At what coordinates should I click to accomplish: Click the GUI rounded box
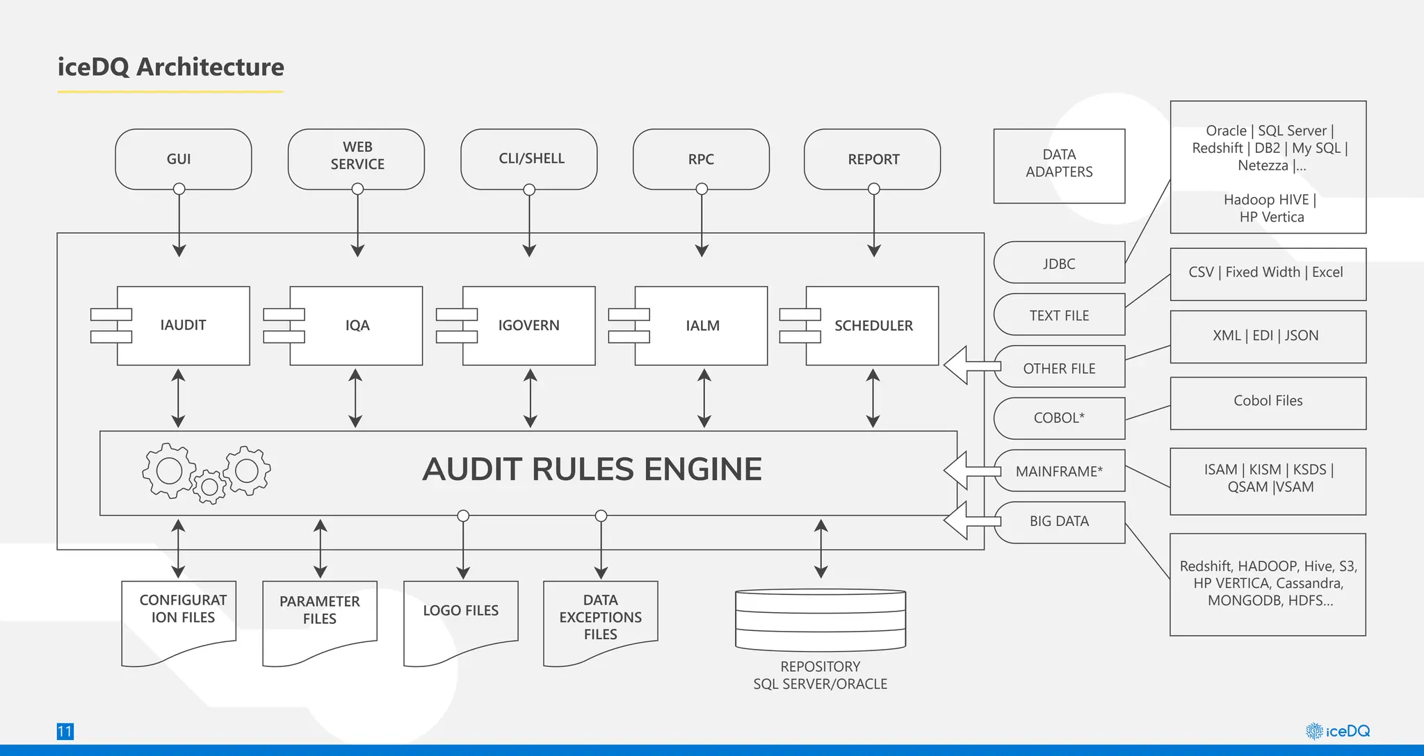(183, 159)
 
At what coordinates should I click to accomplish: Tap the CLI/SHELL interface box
(529, 158)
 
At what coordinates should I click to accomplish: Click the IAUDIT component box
(183, 325)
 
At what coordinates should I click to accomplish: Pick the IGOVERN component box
(528, 325)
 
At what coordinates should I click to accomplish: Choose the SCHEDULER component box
(873, 325)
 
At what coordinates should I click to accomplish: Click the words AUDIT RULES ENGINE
(592, 469)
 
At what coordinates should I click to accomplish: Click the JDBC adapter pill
(1059, 263)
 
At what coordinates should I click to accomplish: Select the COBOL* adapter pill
(1059, 418)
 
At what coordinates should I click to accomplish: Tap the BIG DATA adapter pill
(1059, 521)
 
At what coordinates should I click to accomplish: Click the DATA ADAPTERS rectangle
(1059, 165)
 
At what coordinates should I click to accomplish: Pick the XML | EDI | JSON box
(1267, 336)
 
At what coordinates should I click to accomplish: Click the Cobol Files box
(1267, 402)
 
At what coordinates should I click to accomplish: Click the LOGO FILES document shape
(460, 615)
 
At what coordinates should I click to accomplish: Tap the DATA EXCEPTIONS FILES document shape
(600, 617)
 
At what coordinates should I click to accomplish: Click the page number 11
(65, 731)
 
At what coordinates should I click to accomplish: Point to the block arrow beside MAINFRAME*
(968, 470)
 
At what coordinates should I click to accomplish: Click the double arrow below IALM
(704, 398)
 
